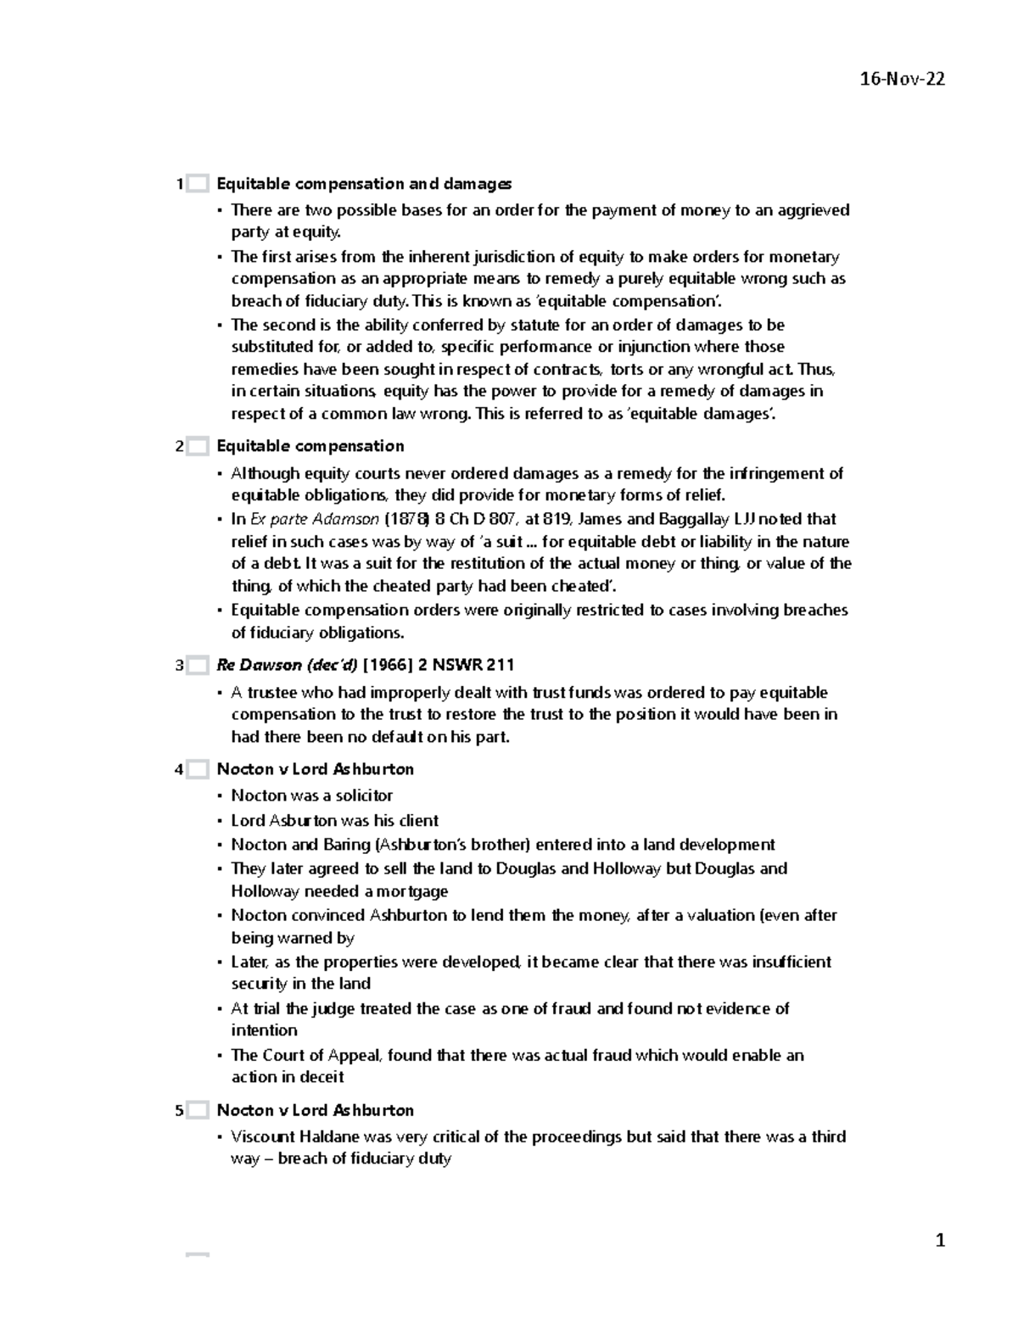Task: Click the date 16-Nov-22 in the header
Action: click(902, 80)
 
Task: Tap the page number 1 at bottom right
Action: click(939, 1241)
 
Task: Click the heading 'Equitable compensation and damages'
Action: click(364, 184)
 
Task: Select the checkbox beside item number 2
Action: click(198, 446)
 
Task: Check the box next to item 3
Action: click(198, 666)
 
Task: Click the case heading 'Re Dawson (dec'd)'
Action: click(287, 665)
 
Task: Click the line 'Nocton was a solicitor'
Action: click(312, 795)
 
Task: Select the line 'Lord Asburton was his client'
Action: click(335, 820)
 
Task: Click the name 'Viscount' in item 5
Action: click(263, 1136)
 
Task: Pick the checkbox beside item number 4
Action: click(198, 770)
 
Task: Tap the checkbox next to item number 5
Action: click(198, 1110)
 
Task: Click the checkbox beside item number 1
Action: click(198, 184)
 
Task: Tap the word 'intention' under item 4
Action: click(265, 1030)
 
